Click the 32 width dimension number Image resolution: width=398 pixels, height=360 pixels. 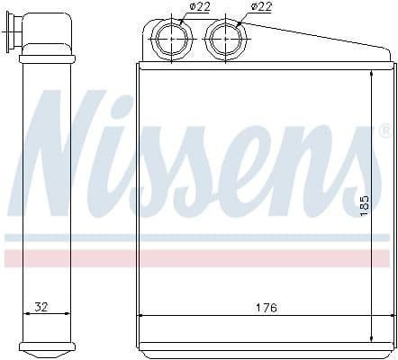(41, 307)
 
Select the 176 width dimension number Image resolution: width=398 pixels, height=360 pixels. (266, 307)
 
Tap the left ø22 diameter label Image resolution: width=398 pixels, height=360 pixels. (199, 7)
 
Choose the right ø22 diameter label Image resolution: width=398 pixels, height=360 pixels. (261, 7)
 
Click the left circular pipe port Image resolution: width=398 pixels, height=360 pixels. (170, 40)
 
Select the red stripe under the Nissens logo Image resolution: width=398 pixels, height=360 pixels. (198, 258)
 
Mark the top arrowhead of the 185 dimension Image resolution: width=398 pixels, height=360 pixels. (373, 74)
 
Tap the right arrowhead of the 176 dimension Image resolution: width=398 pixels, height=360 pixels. (389, 314)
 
